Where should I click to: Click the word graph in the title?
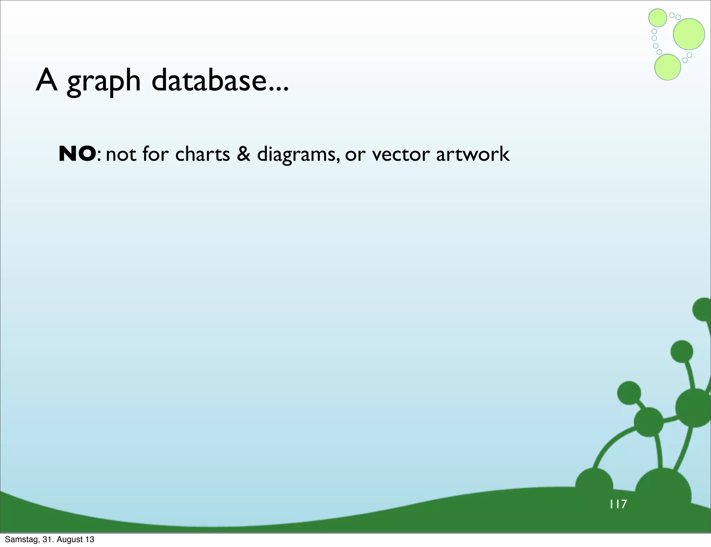[103, 82]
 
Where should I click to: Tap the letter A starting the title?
[47, 81]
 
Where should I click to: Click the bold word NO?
[77, 154]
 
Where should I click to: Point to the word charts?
[202, 154]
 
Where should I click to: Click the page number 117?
[618, 504]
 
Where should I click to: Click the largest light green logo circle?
[689, 34]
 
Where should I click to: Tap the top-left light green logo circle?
[658, 18]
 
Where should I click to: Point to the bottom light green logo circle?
[667, 67]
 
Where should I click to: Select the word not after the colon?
[121, 154]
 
